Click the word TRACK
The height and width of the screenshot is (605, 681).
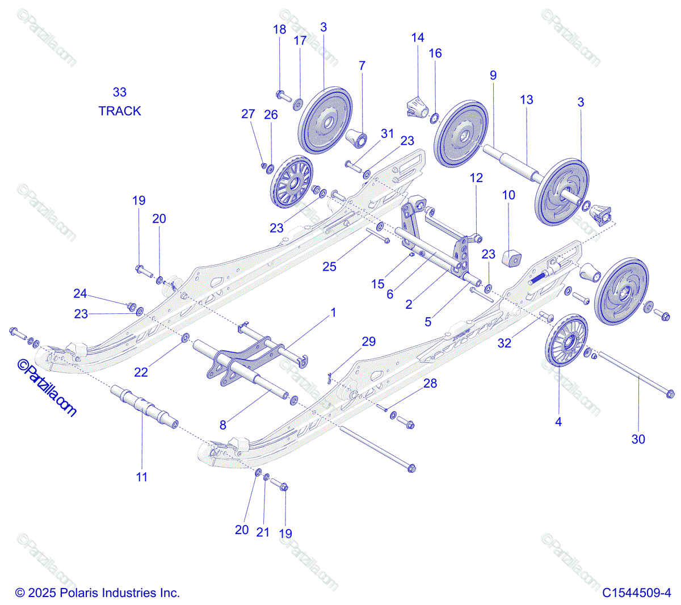120,111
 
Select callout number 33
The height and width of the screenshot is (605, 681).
120,92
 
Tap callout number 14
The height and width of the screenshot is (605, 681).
418,37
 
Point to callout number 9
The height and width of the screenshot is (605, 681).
493,75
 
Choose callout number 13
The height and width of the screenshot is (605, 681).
527,100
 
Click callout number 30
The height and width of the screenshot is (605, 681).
638,439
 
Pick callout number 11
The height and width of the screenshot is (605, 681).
142,477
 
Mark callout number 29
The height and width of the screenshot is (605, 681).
369,341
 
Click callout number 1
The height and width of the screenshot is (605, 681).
334,312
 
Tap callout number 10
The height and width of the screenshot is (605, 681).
508,195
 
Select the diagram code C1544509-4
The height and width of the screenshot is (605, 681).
637,593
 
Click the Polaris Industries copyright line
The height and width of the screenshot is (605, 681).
97,593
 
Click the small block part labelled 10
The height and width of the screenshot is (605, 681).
512,258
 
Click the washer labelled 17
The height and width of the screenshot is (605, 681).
298,104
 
